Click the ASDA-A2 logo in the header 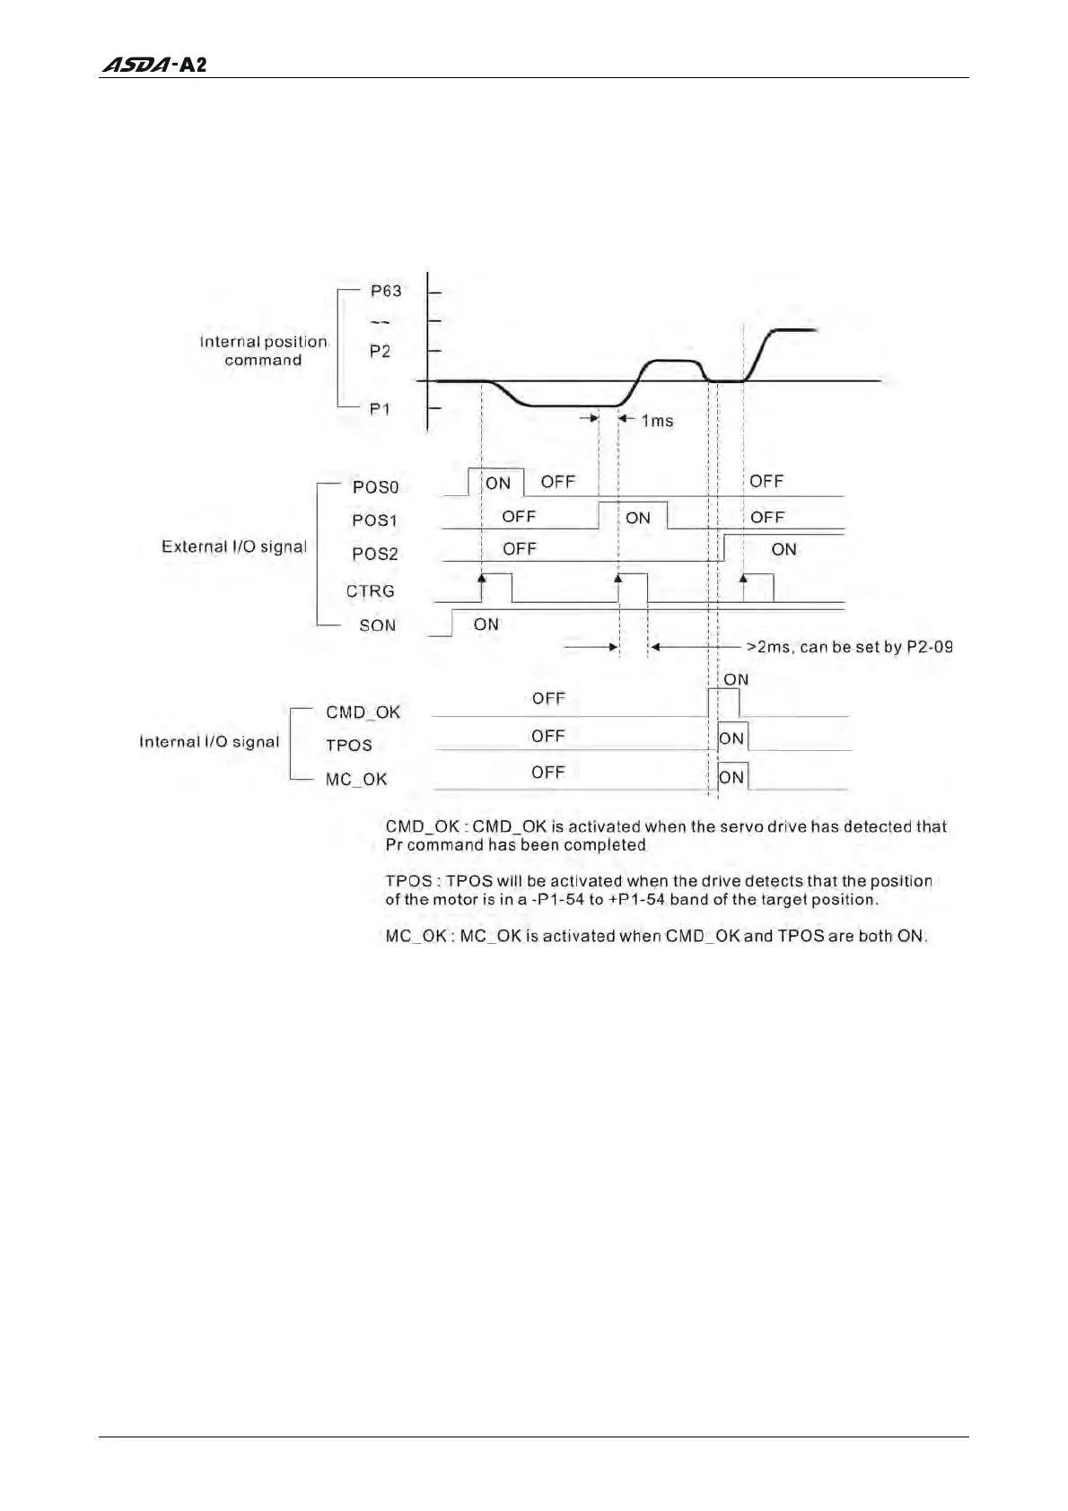coord(153,65)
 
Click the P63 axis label coord(386,291)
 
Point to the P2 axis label coord(381,351)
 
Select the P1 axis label coord(381,409)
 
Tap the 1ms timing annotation coord(657,420)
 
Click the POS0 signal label coord(375,487)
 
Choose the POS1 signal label coord(374,520)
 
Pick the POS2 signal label coord(374,554)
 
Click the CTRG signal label coord(371,591)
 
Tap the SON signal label coord(377,625)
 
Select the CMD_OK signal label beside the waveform coord(363,712)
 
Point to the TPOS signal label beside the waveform coord(348,746)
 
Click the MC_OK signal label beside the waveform coord(356,780)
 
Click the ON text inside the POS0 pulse coord(497,484)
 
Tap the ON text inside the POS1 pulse coord(638,518)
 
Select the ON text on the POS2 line coord(783,549)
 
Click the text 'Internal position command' coord(263,351)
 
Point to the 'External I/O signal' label coord(233,546)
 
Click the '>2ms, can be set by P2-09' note coord(849,646)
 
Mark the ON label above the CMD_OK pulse coord(736,679)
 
